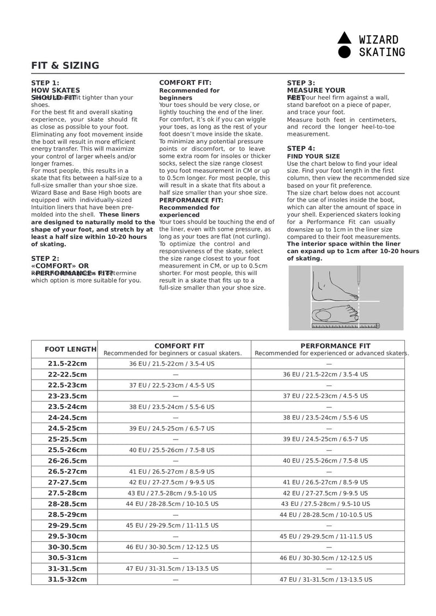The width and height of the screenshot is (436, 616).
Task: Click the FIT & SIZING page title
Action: [65, 66]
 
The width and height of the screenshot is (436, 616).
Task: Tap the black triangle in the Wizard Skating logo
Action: [344, 38]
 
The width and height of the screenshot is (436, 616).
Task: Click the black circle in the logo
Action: [344, 52]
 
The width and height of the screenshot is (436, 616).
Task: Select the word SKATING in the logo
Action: [382, 53]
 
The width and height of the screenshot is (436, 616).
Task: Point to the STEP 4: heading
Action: [301, 148]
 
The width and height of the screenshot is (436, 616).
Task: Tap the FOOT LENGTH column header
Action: [70, 349]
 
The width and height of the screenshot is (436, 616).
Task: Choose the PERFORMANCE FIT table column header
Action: [335, 346]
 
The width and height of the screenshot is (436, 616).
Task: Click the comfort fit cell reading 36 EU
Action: [172, 363]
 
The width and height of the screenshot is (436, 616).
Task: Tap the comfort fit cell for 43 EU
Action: [172, 493]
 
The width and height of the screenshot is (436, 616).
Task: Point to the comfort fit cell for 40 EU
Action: [172, 450]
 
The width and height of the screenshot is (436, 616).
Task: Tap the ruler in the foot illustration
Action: [346, 326]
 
